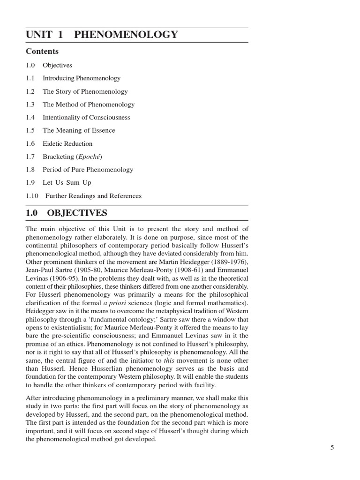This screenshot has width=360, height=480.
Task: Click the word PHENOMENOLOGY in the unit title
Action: pyautogui.click(x=126, y=35)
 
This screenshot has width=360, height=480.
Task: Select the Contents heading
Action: pyautogui.click(x=42, y=52)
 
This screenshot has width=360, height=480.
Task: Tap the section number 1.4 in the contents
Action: pyautogui.click(x=30, y=118)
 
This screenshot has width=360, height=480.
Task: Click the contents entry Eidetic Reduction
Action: pyautogui.click(x=67, y=144)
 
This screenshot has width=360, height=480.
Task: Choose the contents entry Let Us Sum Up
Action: pyautogui.click(x=67, y=183)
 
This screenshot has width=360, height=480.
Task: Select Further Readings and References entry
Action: pyautogui.click(x=93, y=196)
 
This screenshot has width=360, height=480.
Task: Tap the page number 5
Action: pyautogui.click(x=332, y=448)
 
